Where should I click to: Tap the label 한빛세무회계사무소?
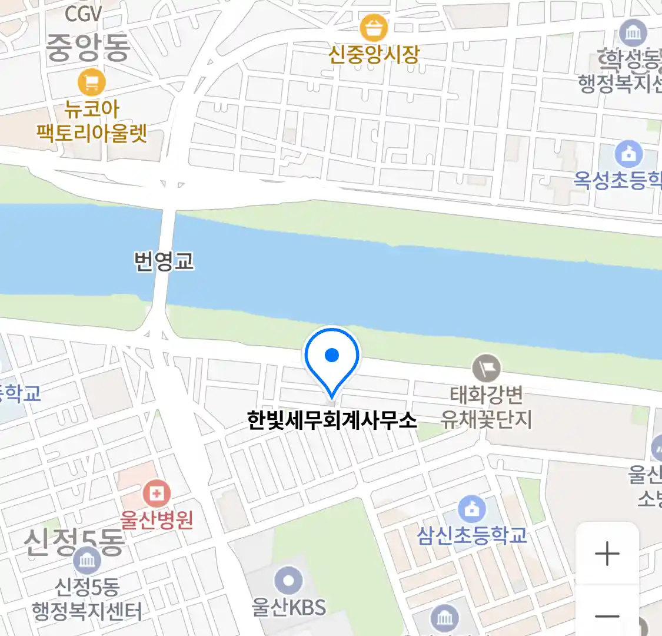(332, 420)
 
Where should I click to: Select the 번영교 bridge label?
(164, 261)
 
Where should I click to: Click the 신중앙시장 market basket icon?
(374, 28)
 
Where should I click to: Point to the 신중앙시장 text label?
(374, 55)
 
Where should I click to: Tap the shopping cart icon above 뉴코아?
(91, 82)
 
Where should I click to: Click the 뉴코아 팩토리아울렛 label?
(92, 121)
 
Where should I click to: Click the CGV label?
(83, 12)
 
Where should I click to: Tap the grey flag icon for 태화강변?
(486, 369)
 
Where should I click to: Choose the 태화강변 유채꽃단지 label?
(486, 407)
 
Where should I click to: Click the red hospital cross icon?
(157, 493)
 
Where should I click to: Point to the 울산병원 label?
(157, 520)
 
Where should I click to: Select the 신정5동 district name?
(74, 542)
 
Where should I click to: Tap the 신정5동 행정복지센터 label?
(87, 598)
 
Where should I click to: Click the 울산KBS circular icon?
(288, 581)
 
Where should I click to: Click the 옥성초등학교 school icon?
(628, 154)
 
